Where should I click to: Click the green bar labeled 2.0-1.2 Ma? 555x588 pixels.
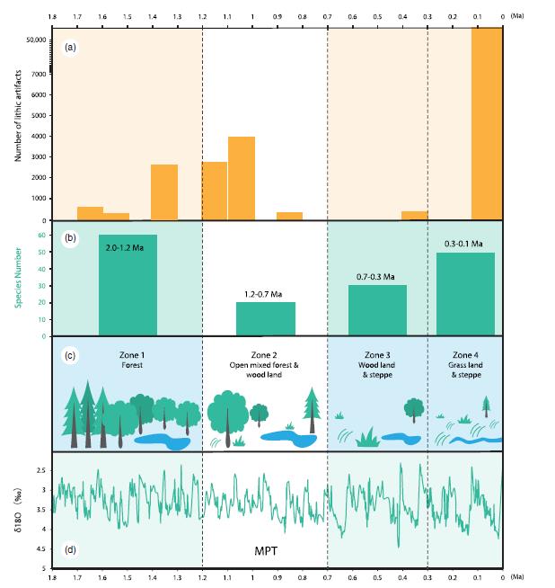point(128,285)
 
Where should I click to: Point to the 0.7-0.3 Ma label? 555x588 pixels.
point(376,276)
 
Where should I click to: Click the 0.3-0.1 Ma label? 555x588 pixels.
point(464,244)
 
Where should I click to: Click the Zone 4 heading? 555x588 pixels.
point(464,354)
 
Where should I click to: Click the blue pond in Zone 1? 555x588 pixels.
point(166,441)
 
